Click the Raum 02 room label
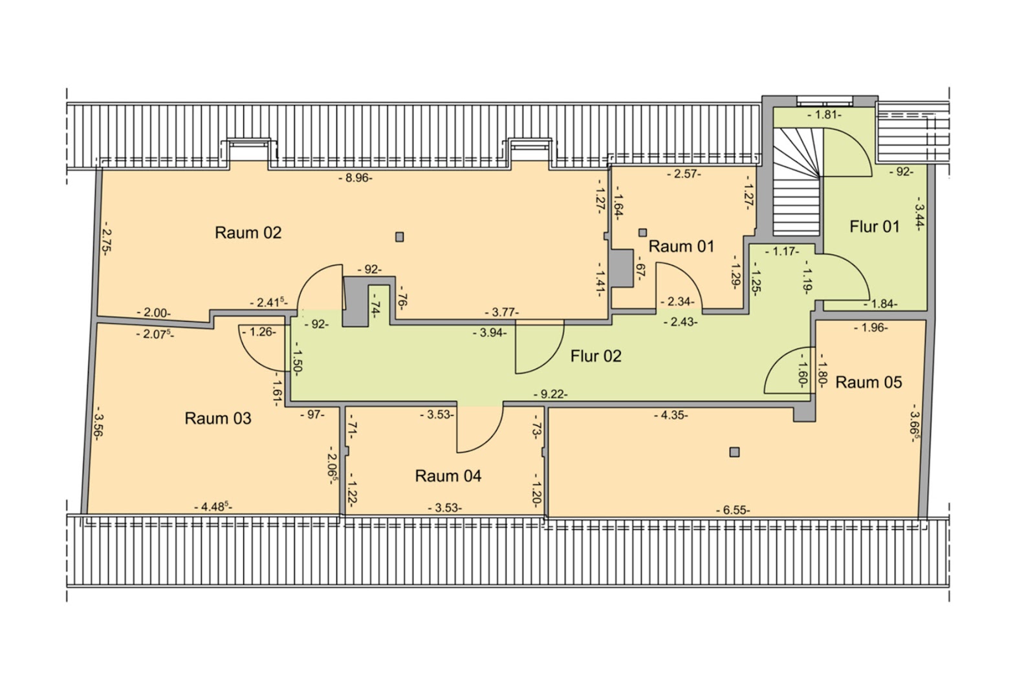[x=248, y=232]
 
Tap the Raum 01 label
[x=682, y=247]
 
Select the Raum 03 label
[x=218, y=418]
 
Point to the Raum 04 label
[x=448, y=476]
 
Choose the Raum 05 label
[x=869, y=383]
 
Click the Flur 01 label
[x=875, y=227]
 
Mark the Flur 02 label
[x=596, y=356]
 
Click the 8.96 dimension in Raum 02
[x=355, y=178]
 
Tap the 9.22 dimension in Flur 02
[x=550, y=394]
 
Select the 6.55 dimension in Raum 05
[x=734, y=510]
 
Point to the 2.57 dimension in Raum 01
[x=684, y=174]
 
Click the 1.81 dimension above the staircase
[x=825, y=115]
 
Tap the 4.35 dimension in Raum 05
[x=671, y=415]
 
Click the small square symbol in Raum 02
[x=400, y=237]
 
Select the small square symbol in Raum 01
[x=642, y=232]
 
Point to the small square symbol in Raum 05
[x=735, y=452]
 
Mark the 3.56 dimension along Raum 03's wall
[x=98, y=423]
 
